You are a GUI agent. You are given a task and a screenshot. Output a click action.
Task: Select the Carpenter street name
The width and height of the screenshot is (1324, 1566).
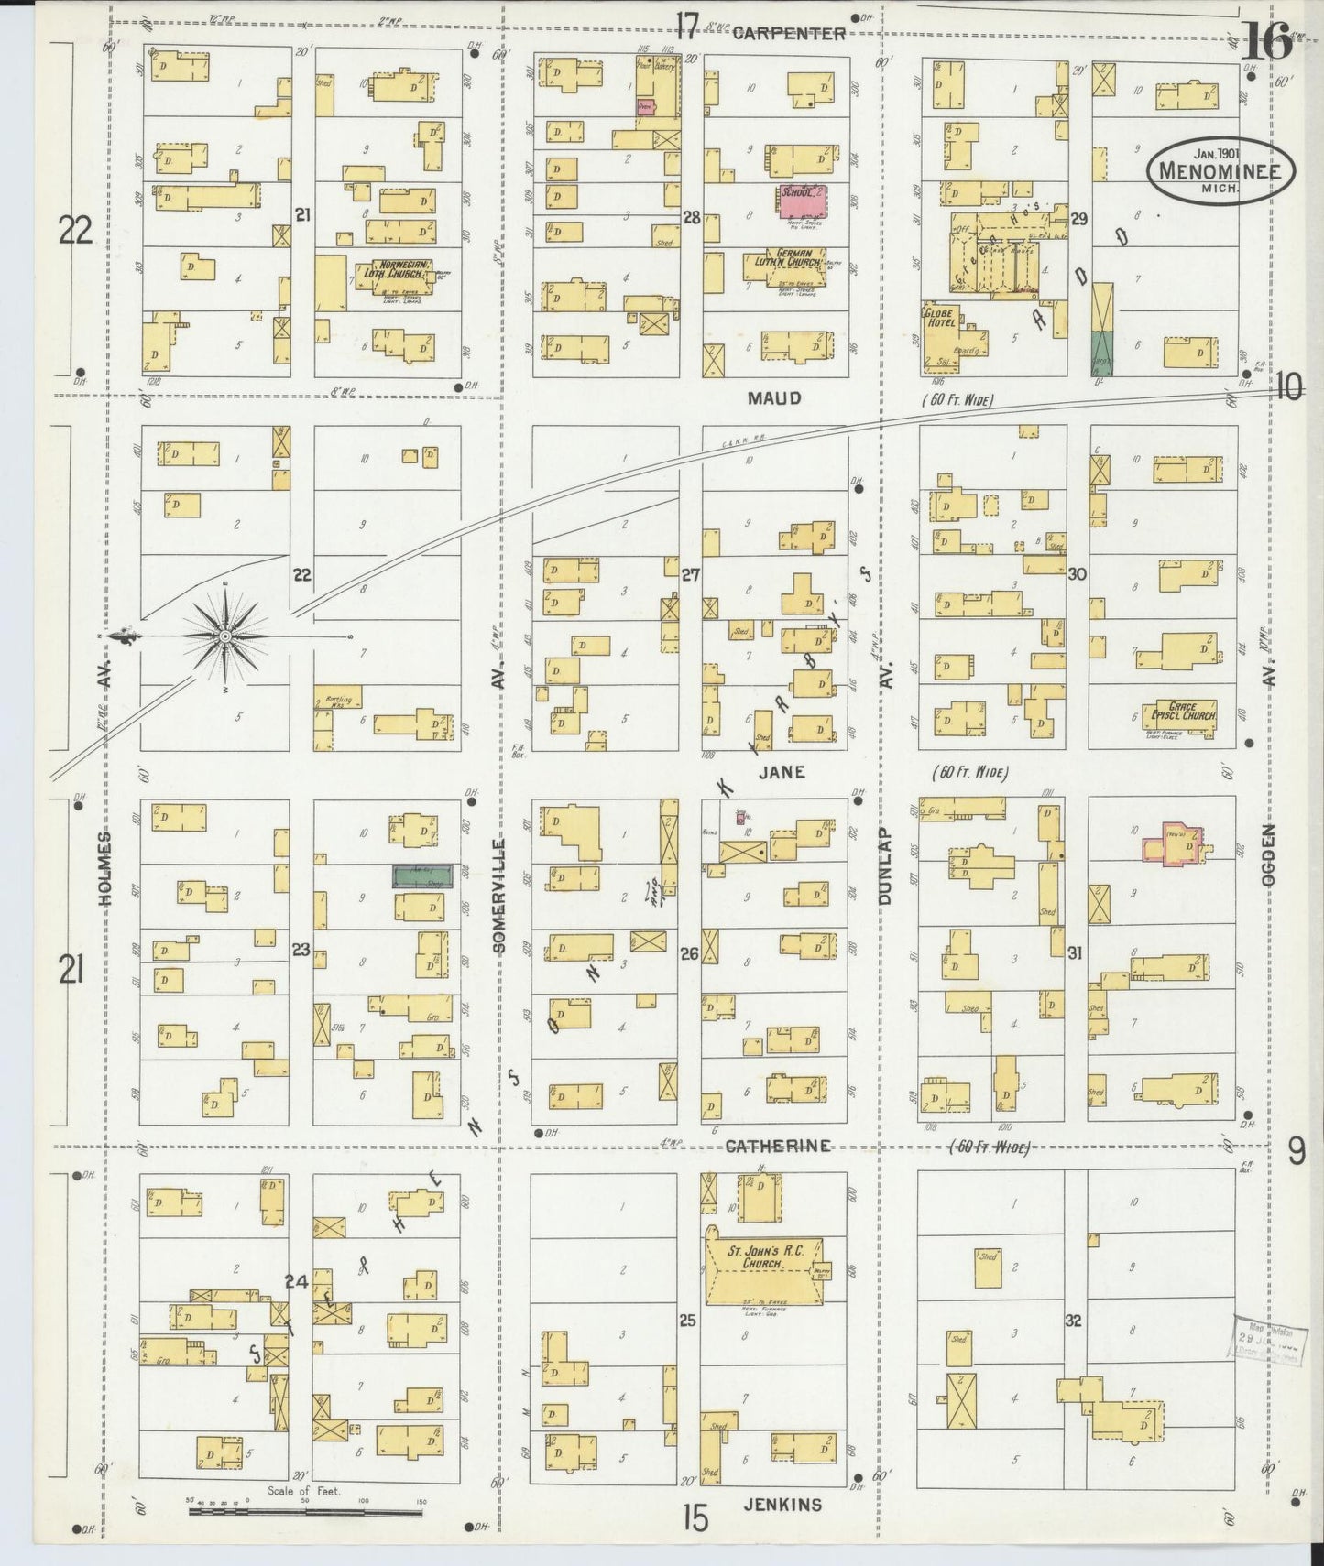pyautogui.click(x=789, y=33)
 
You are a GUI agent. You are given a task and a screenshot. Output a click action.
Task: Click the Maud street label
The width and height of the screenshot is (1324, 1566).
pyautogui.click(x=773, y=398)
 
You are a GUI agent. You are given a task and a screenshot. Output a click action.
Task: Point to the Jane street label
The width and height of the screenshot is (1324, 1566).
pyautogui.click(x=781, y=772)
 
